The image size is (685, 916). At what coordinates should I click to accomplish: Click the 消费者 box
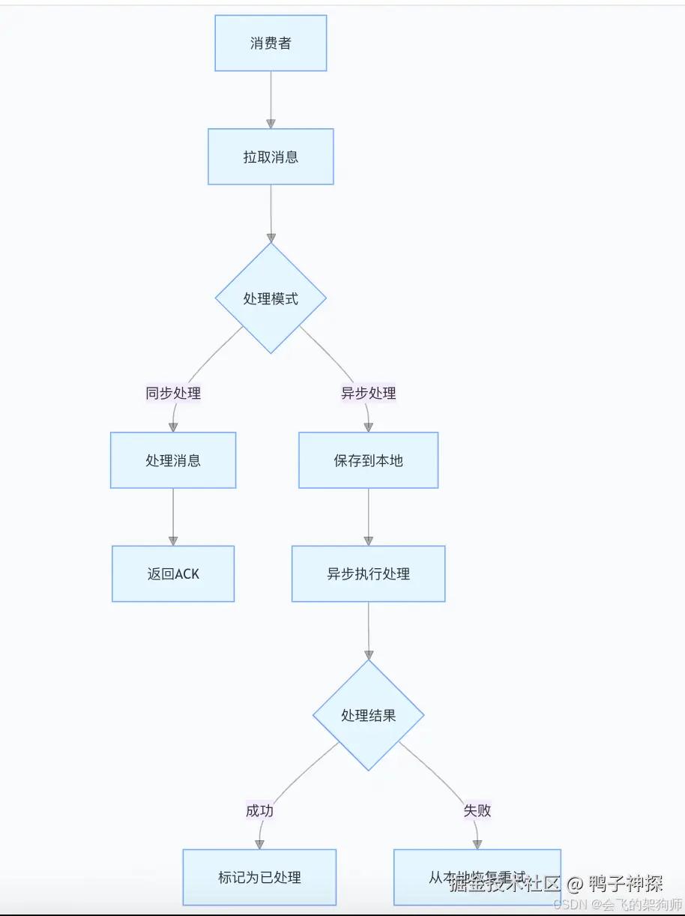click(271, 43)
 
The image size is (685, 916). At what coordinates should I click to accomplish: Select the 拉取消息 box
click(271, 157)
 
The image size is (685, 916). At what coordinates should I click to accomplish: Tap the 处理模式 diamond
click(271, 298)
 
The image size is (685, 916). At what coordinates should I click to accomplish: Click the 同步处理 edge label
click(173, 393)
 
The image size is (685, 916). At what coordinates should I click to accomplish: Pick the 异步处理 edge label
click(368, 393)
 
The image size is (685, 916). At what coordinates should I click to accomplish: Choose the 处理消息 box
click(173, 460)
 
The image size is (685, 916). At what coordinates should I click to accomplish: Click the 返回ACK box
click(173, 573)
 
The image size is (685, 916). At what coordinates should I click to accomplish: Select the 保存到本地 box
click(368, 460)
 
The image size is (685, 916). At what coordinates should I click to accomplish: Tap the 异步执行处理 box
click(368, 573)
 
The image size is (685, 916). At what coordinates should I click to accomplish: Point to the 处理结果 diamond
click(368, 715)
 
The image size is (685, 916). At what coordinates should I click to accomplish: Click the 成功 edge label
click(259, 810)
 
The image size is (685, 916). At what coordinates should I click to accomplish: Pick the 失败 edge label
click(477, 810)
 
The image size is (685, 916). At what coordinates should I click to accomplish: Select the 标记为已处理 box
click(259, 877)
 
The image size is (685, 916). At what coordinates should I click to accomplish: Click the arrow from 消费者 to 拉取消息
click(271, 100)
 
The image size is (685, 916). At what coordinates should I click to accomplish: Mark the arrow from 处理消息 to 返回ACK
click(173, 517)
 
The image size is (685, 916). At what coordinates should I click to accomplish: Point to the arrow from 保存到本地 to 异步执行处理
click(368, 517)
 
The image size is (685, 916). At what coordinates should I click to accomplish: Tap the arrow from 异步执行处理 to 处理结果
click(368, 630)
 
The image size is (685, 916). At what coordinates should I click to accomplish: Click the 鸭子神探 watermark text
click(626, 883)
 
